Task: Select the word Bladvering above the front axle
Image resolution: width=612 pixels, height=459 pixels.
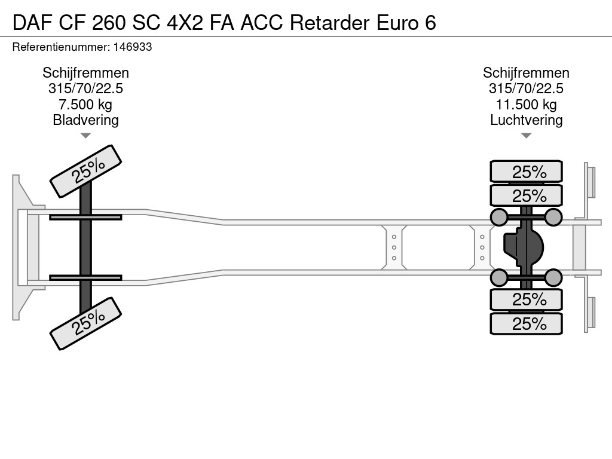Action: (85, 120)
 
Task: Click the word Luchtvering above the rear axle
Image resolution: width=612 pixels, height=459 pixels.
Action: (526, 120)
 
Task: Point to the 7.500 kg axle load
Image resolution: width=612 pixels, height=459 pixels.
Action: (85, 104)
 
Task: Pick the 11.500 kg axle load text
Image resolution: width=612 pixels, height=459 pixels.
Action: (526, 104)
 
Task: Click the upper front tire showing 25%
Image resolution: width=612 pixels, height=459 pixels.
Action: (85, 171)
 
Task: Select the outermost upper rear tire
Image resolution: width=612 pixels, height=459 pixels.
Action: (526, 172)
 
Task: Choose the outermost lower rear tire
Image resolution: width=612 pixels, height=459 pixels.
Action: (526, 323)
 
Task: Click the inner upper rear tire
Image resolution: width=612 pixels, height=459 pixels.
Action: (526, 195)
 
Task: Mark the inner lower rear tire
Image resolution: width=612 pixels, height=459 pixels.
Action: (526, 299)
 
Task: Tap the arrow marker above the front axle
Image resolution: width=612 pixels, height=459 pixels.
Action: (85, 136)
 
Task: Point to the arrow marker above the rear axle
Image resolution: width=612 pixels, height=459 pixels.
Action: (526, 136)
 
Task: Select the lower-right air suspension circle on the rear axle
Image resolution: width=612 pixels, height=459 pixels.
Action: (553, 277)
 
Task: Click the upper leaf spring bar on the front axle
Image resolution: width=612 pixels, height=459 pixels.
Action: (85, 217)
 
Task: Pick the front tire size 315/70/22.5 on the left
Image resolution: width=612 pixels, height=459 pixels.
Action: (85, 88)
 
